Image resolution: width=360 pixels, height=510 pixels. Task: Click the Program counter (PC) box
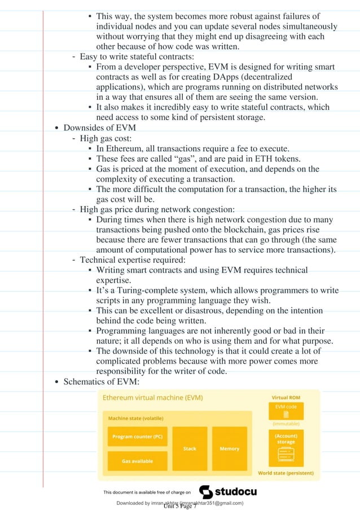tap(137, 437)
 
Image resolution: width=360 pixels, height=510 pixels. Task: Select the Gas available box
tap(137, 461)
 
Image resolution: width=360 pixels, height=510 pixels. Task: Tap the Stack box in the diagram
tap(190, 449)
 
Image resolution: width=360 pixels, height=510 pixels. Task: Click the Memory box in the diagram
tap(229, 449)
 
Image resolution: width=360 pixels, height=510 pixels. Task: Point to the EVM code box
tap(286, 410)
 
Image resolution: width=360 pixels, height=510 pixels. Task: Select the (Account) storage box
tap(286, 445)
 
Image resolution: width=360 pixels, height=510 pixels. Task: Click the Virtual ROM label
tap(286, 397)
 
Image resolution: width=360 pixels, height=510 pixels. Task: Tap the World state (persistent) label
tap(286, 472)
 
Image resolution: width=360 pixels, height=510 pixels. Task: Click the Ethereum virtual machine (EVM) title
tap(152, 397)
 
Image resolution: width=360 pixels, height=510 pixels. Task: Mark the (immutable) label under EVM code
tap(286, 423)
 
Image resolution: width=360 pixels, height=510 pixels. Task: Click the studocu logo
tap(228, 491)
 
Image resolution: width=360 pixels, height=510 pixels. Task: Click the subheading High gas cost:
tap(106, 138)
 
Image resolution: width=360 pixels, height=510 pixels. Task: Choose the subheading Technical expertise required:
tap(133, 260)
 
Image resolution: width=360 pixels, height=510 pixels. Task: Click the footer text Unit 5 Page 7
tap(179, 506)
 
